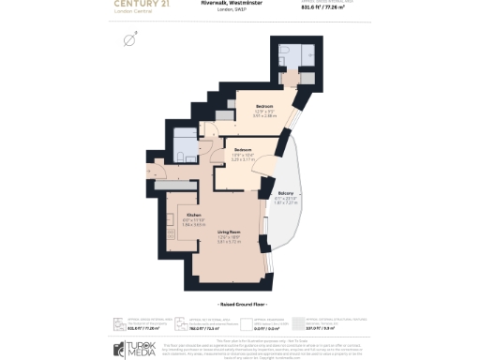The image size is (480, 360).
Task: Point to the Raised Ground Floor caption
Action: click(240, 305)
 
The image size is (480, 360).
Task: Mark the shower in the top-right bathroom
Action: click(294, 52)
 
